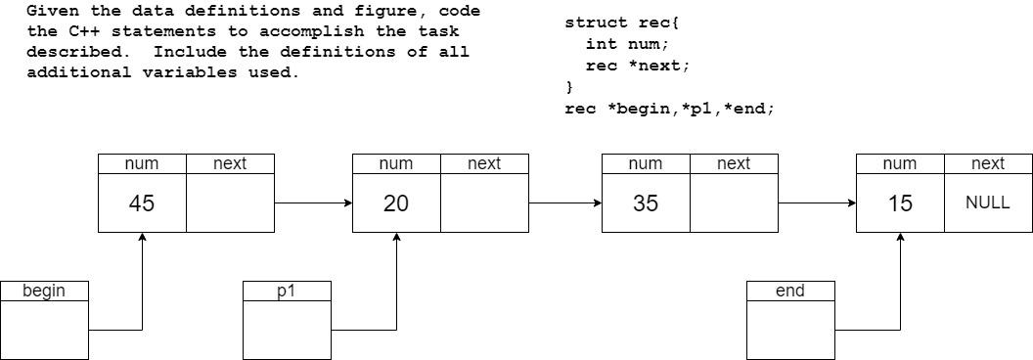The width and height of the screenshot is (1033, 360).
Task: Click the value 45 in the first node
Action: pos(142,203)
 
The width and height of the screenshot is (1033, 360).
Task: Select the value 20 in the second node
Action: pos(396,203)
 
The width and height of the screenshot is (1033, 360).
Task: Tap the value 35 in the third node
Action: pos(646,203)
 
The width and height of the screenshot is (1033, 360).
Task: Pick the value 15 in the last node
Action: pos(900,203)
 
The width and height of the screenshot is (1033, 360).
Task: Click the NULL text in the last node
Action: pos(987,203)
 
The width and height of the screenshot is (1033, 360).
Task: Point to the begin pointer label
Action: pos(44,291)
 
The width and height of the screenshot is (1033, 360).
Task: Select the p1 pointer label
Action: pos(287,291)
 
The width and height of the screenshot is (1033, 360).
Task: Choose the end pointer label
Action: pos(790,291)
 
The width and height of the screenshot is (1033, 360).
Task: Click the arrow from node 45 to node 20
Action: pos(313,203)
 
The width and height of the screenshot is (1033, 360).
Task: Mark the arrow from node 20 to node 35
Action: pos(565,203)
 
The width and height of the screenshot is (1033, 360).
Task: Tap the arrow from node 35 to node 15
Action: pos(817,203)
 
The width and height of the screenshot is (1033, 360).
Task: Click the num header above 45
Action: pos(142,164)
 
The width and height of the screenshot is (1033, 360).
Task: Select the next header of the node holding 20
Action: pos(484,164)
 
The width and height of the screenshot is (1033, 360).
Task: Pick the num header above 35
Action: pos(646,164)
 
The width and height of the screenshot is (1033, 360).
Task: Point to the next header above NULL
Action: pos(988,164)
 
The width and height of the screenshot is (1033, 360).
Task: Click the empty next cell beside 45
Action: pos(230,203)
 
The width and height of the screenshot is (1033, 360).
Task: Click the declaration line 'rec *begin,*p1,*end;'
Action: pos(669,109)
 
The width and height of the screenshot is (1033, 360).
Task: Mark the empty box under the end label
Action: pos(790,330)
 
